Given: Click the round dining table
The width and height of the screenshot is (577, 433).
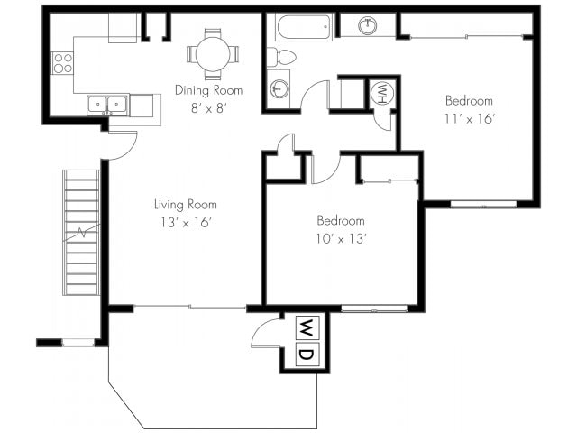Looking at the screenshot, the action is coord(213,54).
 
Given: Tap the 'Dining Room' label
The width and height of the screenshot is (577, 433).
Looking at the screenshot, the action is coord(208,90).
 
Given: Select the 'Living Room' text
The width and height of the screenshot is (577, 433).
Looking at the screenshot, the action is coord(186,204).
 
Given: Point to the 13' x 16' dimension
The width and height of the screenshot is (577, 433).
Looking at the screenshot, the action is coord(186,223).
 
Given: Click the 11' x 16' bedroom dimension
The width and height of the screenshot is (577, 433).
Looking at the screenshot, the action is coord(469,119).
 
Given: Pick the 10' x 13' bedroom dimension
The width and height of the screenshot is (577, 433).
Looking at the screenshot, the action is coord(341,239).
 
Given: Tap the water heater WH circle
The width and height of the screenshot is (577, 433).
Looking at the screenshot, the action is coord(382,94).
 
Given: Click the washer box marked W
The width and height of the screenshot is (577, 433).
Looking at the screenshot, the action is coord(307,327).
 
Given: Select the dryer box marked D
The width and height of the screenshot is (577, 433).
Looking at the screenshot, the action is coord(307,355).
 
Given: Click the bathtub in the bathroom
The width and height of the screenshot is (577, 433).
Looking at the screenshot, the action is coord(305,26).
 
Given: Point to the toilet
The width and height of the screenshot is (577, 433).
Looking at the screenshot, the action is coord(281,57).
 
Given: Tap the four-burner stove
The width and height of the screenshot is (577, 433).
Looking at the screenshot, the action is coord(62,63).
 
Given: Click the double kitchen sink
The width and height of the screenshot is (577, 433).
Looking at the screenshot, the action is coord(108,106).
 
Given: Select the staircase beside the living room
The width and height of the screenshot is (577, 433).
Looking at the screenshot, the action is coord(81,233).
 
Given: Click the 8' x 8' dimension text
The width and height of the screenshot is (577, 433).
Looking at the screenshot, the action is coord(208,108).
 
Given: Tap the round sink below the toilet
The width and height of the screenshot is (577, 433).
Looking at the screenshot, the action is coord(279,88).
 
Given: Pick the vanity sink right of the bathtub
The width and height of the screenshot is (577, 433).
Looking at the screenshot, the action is coord(367,25).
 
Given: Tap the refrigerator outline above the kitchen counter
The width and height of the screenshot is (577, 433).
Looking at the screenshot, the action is coord(123,28).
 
